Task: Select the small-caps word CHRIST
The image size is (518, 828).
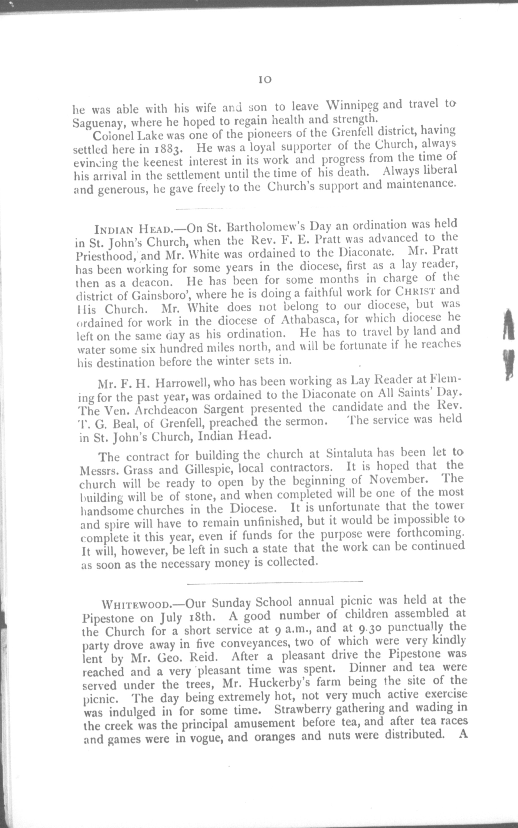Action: click(415, 291)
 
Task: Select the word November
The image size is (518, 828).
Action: click(398, 480)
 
